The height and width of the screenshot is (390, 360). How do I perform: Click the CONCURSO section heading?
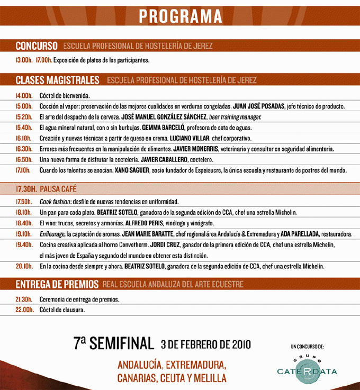point(36,46)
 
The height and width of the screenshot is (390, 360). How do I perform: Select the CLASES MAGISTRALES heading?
point(58,80)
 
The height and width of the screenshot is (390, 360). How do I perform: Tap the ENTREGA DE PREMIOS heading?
point(57,284)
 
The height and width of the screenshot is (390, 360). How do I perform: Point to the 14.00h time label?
point(24,96)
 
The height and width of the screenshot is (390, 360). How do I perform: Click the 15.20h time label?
point(24,117)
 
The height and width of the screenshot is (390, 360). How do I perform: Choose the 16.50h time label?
point(24,159)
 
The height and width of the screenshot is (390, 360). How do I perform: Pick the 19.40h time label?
point(24,244)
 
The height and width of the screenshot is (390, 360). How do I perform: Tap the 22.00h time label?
point(24,310)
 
